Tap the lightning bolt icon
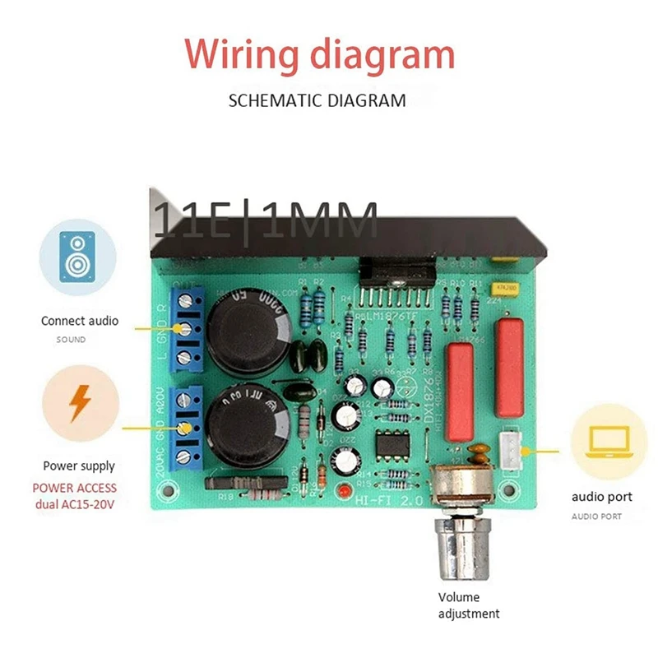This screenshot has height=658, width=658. pos(80,403)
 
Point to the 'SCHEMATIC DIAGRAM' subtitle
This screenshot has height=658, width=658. pos(317,102)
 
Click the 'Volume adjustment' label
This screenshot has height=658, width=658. pos(470,605)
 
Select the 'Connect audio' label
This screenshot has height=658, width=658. pos(80,321)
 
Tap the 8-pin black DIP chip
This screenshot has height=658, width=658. pos(389,445)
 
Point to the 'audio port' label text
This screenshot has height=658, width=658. pos(602,497)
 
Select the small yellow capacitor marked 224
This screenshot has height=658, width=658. pos(501,290)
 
